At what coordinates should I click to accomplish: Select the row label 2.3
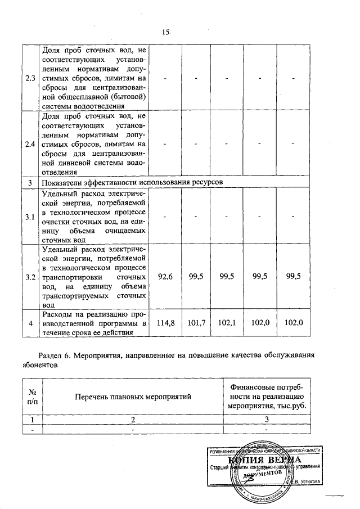click(x=29, y=77)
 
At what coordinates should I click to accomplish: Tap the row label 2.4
click(x=29, y=144)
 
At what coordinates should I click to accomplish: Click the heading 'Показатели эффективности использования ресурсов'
click(x=130, y=183)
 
